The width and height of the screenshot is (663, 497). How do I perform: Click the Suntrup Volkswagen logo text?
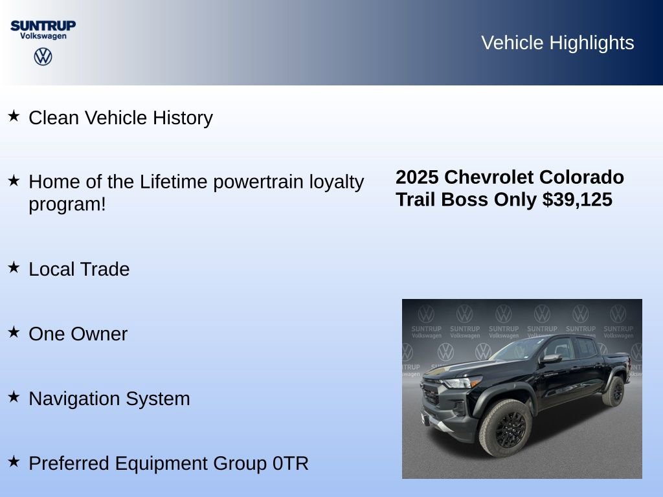coord(43,29)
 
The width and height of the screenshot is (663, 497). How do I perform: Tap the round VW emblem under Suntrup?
coord(43,57)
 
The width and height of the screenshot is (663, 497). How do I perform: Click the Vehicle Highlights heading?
coord(557,43)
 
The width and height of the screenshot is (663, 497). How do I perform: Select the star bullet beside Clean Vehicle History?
coord(14,116)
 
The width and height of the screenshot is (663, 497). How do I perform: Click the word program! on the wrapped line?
coord(67,204)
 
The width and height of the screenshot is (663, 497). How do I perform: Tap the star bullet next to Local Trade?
coord(14,267)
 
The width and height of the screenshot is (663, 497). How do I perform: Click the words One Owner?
coord(78,334)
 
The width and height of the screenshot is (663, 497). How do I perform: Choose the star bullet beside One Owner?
coord(14,332)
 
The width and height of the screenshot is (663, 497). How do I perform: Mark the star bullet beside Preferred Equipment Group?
coord(14,461)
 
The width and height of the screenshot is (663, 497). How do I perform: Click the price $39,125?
coord(578,199)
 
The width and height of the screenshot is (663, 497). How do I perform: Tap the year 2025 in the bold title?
coord(417,177)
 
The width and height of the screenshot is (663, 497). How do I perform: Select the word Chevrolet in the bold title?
coord(489,177)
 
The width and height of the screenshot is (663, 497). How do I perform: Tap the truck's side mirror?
coord(551,358)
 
